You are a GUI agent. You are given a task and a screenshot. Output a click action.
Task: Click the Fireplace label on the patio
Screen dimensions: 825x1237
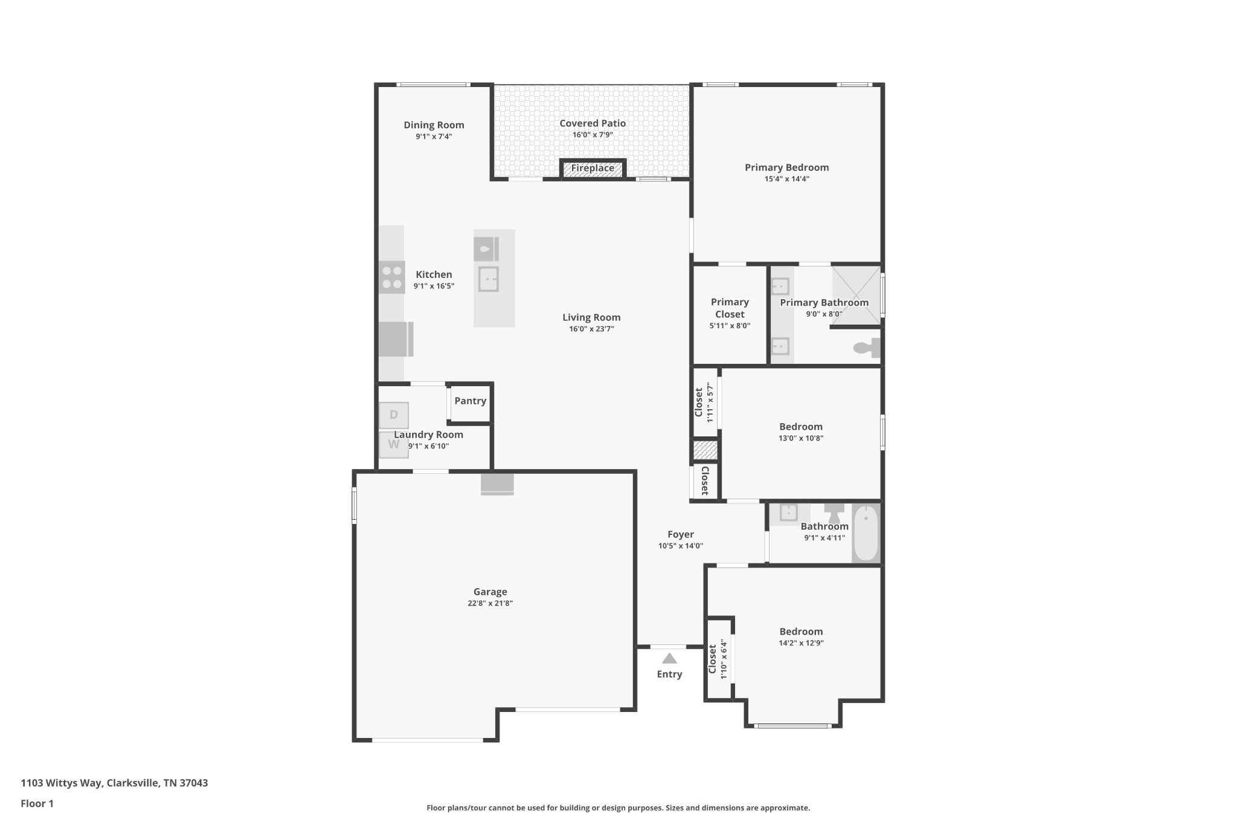(593, 168)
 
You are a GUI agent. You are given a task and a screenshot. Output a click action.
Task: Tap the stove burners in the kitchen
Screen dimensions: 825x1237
(392, 277)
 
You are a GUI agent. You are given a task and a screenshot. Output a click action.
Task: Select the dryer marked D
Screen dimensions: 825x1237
(394, 415)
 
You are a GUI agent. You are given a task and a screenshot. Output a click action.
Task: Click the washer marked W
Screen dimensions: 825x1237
(394, 445)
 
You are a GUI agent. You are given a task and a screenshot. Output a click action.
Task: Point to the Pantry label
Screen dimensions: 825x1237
(470, 401)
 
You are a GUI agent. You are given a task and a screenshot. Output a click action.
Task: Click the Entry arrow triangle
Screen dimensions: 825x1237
(669, 659)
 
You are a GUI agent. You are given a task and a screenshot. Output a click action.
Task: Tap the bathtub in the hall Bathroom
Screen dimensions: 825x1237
(866, 533)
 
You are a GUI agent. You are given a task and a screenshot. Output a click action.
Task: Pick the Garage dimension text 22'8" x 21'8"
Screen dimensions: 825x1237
(490, 603)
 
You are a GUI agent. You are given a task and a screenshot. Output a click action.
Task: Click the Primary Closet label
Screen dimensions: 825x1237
(730, 308)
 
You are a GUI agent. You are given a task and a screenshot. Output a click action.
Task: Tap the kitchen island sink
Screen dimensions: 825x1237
(489, 279)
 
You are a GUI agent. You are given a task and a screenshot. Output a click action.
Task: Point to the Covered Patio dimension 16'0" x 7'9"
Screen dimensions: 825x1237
(593, 135)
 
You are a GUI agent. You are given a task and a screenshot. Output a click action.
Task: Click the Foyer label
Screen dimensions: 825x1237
(680, 534)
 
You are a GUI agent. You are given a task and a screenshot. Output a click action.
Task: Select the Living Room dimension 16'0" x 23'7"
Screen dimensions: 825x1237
(591, 329)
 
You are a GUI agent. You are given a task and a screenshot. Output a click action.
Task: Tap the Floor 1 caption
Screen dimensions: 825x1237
(37, 803)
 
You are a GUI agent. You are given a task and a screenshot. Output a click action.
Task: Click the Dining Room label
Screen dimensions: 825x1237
(434, 125)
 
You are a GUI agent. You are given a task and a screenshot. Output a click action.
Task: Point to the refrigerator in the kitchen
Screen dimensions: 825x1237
(396, 339)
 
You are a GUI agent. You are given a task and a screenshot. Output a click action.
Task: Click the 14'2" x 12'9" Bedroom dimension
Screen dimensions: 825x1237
(801, 643)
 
